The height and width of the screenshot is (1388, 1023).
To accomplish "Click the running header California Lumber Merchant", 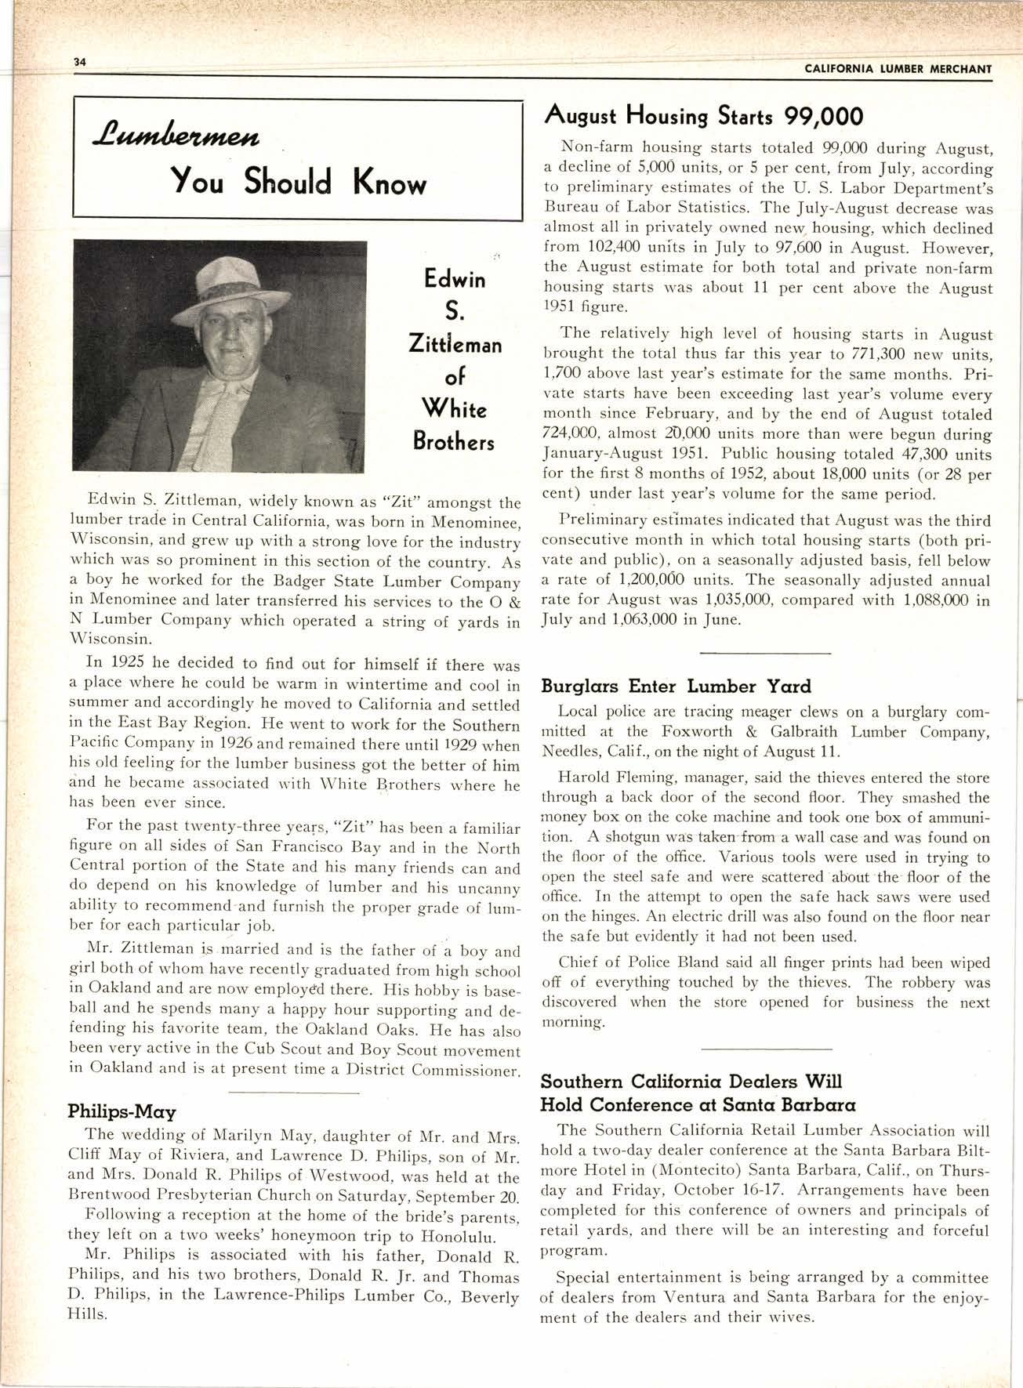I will pyautogui.click(x=898, y=69).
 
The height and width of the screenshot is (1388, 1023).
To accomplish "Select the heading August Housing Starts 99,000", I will pyautogui.click(x=703, y=117).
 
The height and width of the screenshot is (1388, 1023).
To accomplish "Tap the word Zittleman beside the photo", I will pyautogui.click(x=455, y=345).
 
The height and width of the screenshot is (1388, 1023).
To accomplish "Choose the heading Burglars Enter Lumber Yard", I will pyautogui.click(x=676, y=687).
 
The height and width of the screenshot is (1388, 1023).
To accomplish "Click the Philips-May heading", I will pyautogui.click(x=122, y=1111).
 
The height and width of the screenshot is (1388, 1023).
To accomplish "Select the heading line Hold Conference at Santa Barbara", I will pyautogui.click(x=698, y=1104).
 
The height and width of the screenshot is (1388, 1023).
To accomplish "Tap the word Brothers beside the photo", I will pyautogui.click(x=454, y=442).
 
